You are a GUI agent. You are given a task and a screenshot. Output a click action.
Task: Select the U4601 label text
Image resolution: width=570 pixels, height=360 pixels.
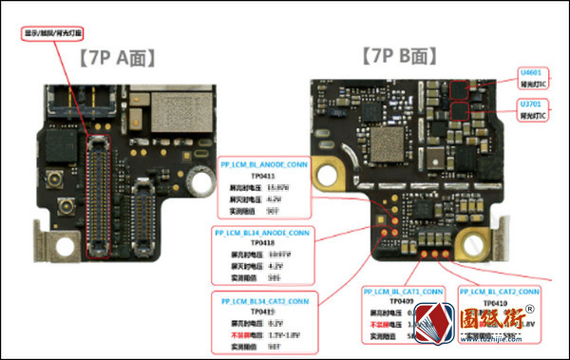coord(530,72)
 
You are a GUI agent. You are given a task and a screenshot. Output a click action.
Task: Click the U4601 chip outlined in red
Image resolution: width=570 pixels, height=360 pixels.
coord(464,90)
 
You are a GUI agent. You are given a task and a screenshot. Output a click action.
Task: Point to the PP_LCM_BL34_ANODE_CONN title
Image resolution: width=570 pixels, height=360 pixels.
coord(261,232)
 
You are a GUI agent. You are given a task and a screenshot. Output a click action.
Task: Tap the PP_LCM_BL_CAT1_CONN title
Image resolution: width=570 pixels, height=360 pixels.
coord(403,292)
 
